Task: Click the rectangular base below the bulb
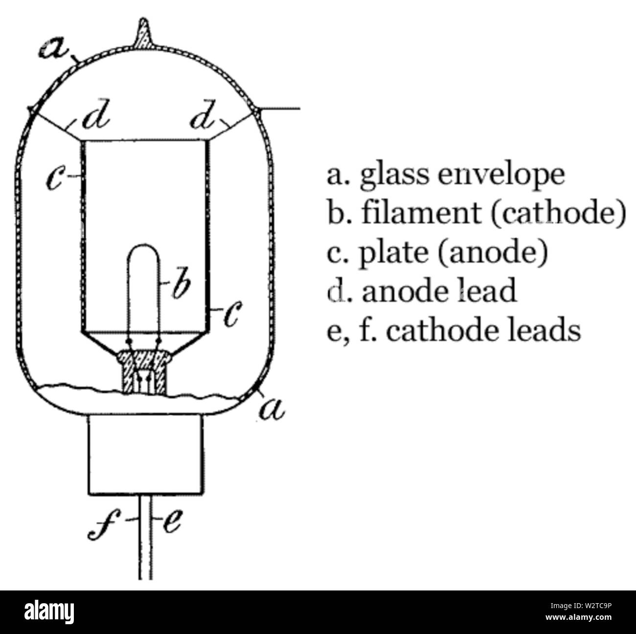coord(146,455)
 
